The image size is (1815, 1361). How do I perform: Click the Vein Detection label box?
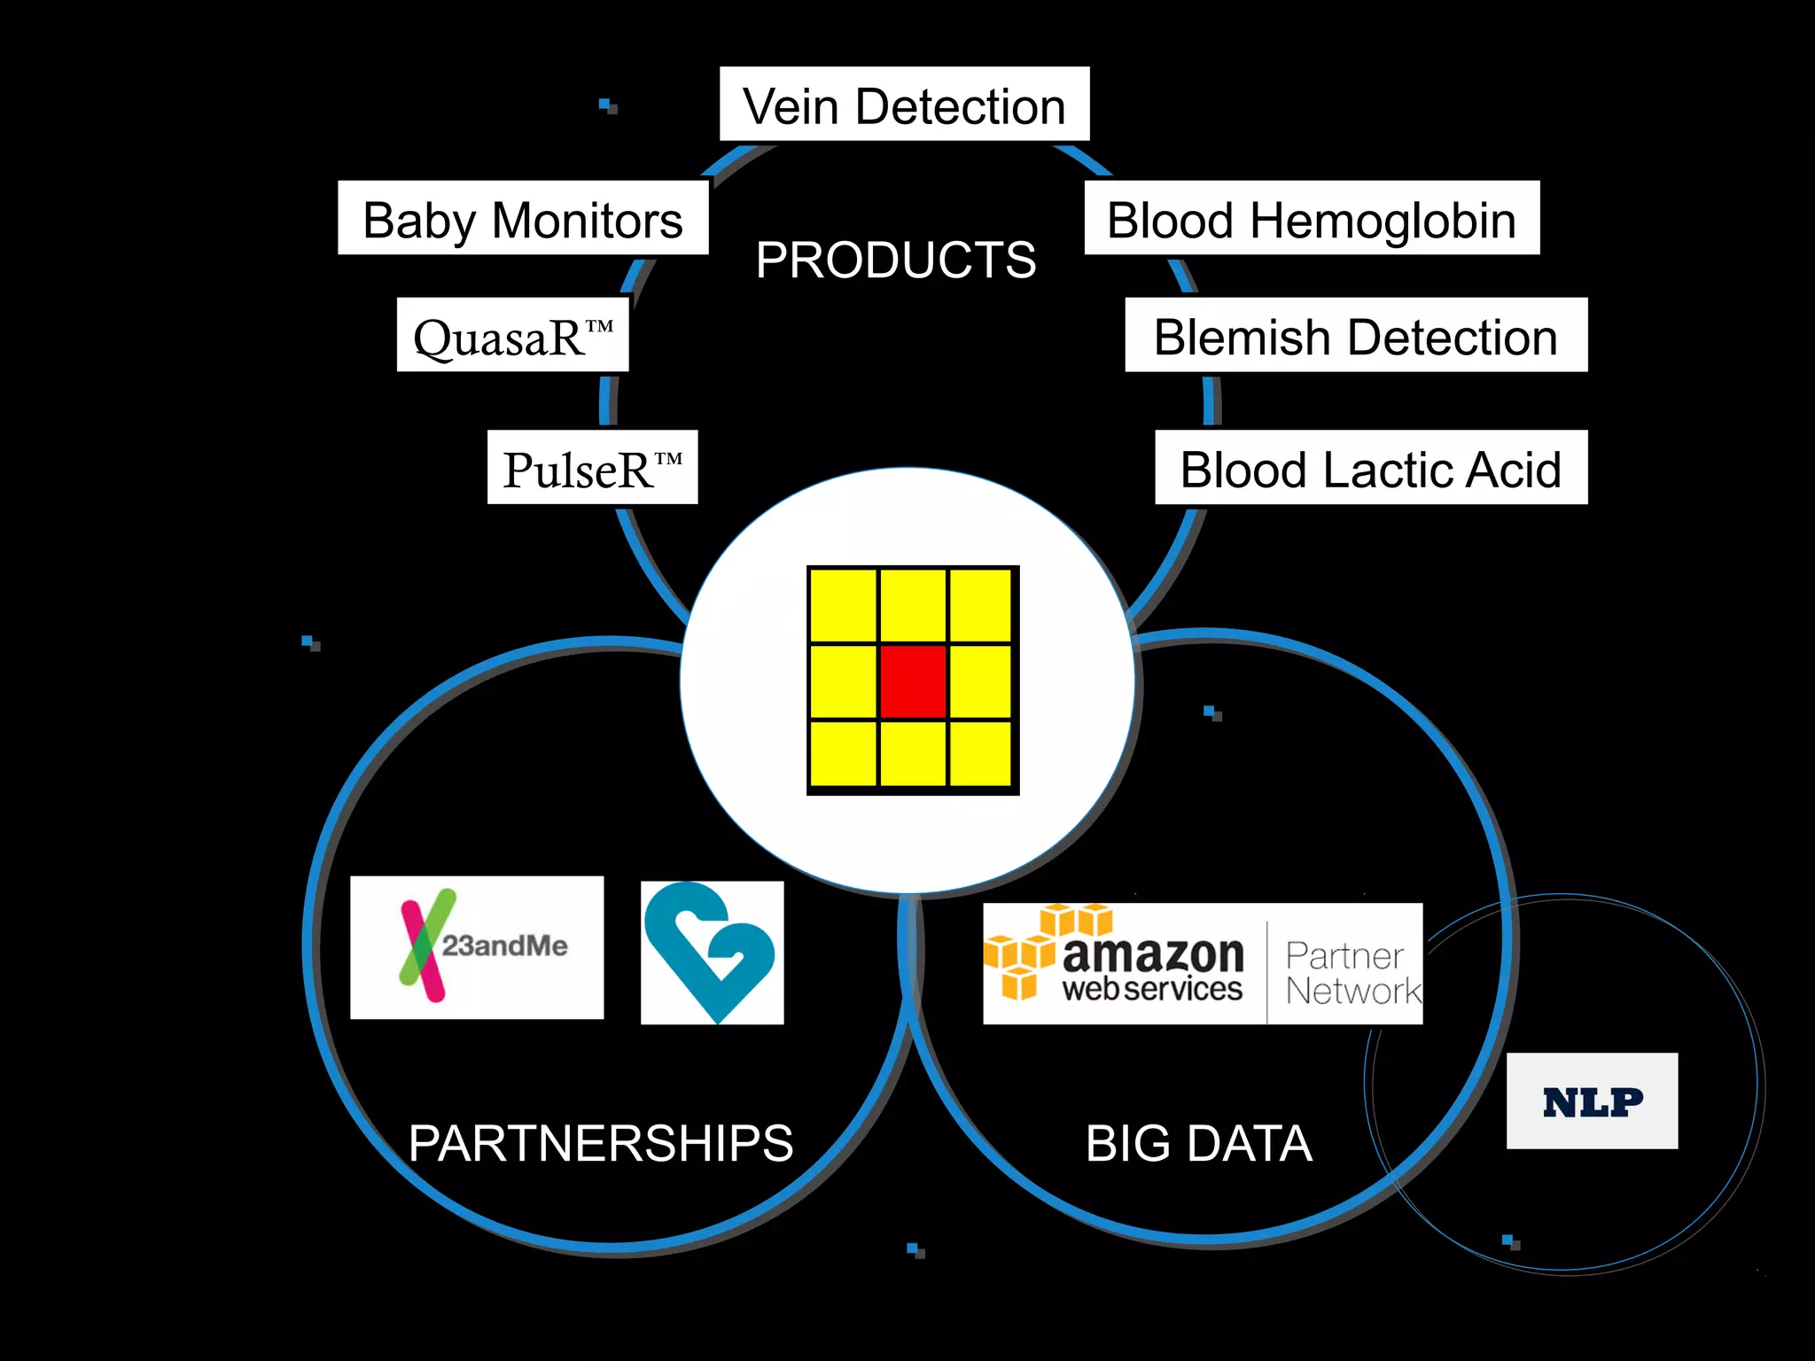[x=904, y=104]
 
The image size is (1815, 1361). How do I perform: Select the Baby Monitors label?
[x=523, y=219]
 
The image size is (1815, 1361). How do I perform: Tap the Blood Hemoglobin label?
[x=1312, y=219]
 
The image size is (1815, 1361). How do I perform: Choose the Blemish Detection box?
[x=1356, y=336]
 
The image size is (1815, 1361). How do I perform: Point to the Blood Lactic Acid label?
[x=1371, y=468]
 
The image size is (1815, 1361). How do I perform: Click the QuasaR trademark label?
[x=513, y=336]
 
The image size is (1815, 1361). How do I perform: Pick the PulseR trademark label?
[x=592, y=468]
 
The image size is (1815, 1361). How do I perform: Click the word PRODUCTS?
[x=895, y=260]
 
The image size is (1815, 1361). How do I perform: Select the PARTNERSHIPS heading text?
[x=600, y=1142]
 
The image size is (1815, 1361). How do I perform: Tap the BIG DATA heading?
[x=1198, y=1142]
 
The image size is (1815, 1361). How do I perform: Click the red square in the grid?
[x=913, y=680]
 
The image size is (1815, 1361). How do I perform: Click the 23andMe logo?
[x=477, y=947]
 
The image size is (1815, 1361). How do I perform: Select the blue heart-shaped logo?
[x=712, y=952]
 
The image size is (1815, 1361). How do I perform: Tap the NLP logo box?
[x=1592, y=1101]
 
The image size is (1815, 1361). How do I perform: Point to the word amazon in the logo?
[x=1152, y=954]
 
